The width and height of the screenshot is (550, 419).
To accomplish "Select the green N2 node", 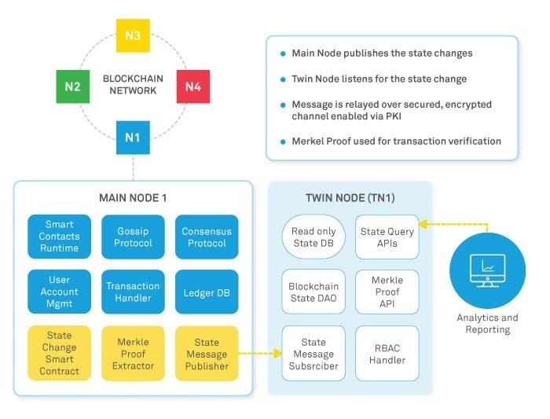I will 72,86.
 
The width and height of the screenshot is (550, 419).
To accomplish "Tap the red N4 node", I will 192,86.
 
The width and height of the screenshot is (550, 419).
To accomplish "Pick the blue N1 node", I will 132,138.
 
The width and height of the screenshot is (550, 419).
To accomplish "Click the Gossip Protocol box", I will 133,237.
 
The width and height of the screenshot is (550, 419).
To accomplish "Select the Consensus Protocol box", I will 207,237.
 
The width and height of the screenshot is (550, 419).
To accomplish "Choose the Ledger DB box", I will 207,292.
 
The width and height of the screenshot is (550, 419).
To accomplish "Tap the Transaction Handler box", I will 133,292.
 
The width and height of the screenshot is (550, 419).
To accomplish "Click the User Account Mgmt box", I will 60,292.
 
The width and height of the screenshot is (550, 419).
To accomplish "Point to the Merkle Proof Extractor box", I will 133,354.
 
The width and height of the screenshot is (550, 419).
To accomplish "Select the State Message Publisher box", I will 207,354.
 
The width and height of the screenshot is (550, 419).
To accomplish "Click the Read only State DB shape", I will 313,237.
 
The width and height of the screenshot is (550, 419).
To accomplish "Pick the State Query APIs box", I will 387,237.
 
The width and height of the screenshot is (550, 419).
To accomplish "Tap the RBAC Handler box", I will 387,354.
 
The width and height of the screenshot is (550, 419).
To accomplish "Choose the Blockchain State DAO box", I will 313,292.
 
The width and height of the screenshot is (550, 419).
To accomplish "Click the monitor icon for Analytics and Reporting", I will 487,270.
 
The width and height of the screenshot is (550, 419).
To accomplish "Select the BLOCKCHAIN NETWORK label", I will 134,85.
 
